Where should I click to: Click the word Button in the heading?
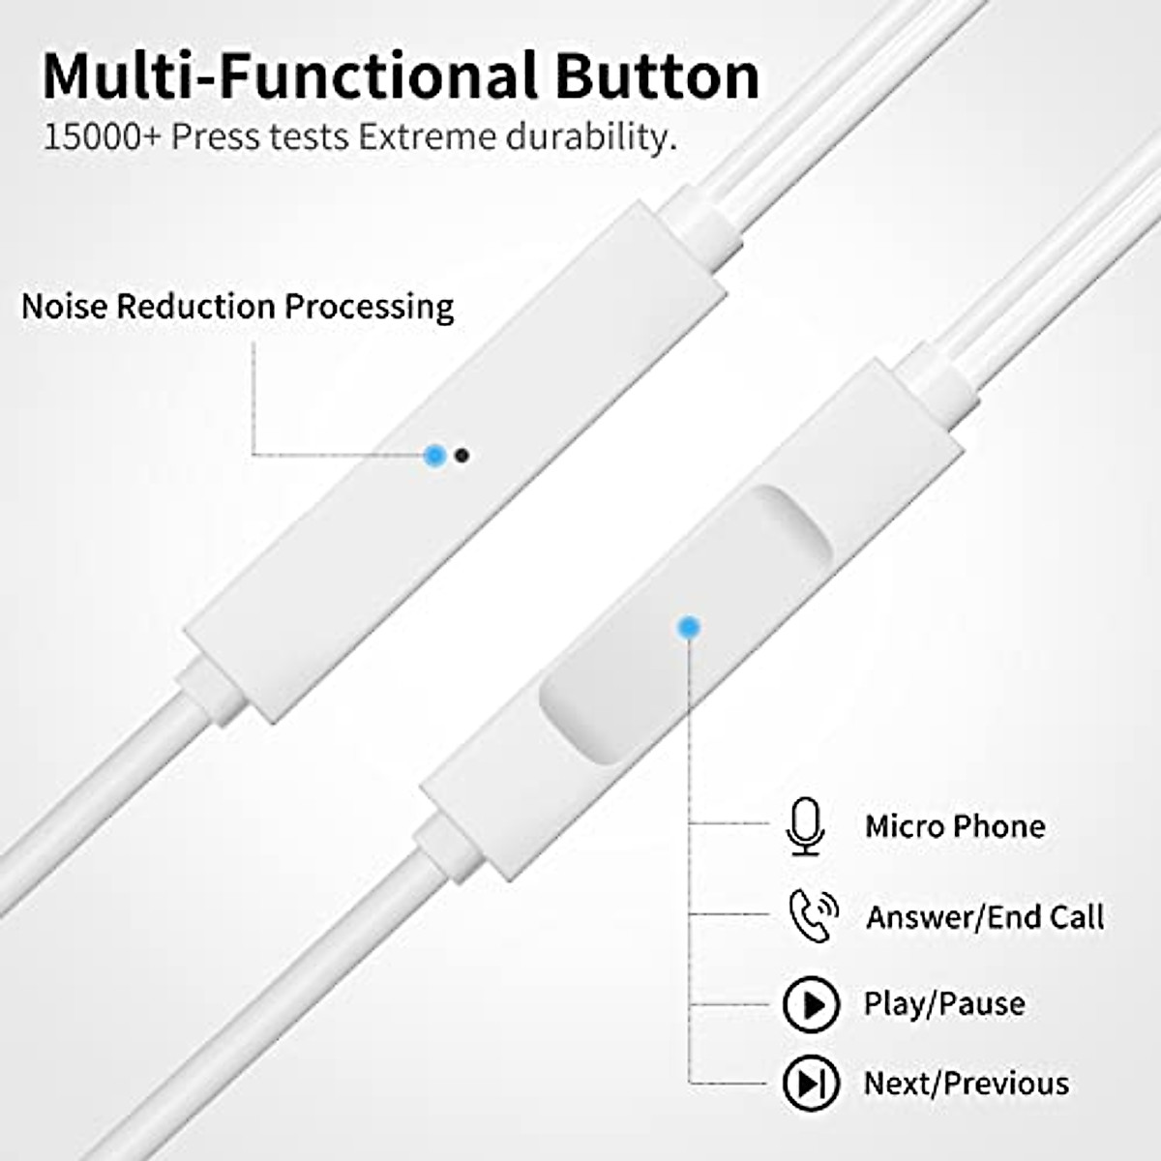click(651, 75)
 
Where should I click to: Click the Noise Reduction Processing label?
click(237, 307)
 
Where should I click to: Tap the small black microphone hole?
click(461, 455)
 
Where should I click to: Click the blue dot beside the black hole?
click(435, 454)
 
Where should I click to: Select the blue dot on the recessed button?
click(688, 628)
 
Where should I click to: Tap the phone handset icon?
click(811, 916)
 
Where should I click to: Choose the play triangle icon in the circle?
click(811, 1004)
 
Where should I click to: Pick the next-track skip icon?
click(811, 1084)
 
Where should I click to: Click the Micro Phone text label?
click(955, 827)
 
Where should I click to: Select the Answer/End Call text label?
click(984, 917)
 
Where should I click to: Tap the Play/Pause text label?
click(944, 1004)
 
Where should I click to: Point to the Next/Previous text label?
click(966, 1084)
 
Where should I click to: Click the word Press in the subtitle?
click(215, 136)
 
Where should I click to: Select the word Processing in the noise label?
click(369, 307)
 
